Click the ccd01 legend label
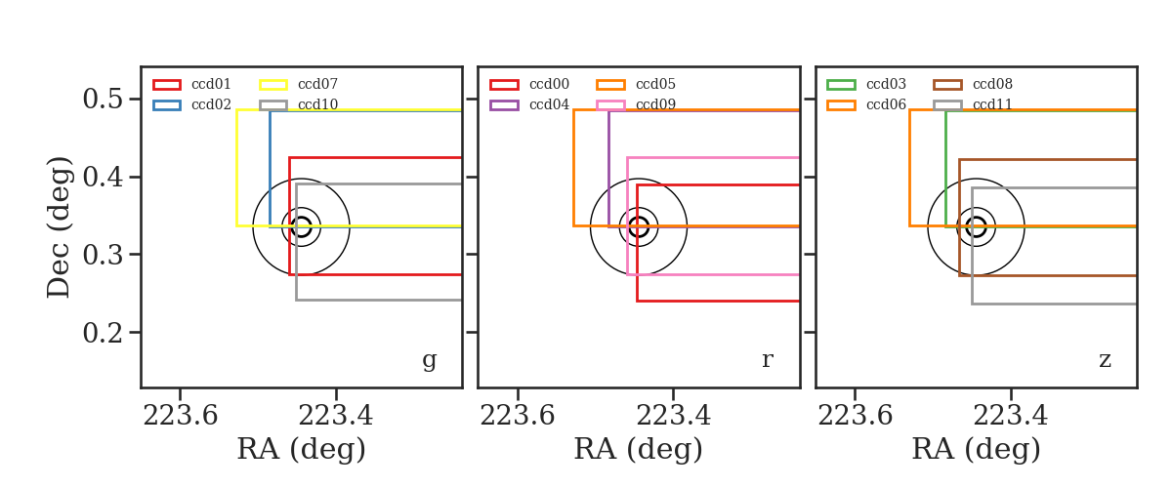click(x=211, y=84)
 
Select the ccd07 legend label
click(x=317, y=84)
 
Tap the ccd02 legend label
click(x=211, y=104)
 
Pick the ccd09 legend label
click(x=655, y=104)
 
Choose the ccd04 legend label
click(x=549, y=104)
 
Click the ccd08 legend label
click(x=992, y=84)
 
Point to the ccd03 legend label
click(x=886, y=84)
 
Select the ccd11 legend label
click(x=992, y=104)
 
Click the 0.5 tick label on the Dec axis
click(x=103, y=99)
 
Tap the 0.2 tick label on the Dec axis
click(x=103, y=332)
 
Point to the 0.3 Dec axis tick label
click(x=103, y=255)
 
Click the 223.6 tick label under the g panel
click(x=180, y=416)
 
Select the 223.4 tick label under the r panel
click(x=673, y=416)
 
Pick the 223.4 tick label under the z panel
click(x=1010, y=416)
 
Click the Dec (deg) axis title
click(x=58, y=227)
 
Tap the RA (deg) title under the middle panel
click(x=639, y=449)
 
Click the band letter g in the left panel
click(x=429, y=360)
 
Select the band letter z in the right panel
click(x=1105, y=360)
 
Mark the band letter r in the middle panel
click(x=767, y=360)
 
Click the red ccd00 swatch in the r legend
click(x=504, y=85)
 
